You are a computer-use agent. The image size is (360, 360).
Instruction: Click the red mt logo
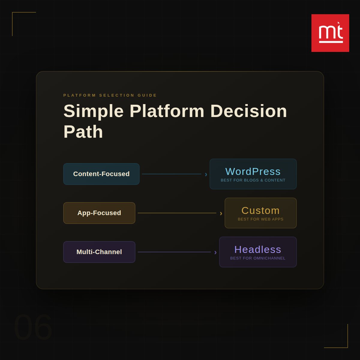coord(330,33)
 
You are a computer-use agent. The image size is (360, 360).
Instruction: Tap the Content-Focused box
coord(101,174)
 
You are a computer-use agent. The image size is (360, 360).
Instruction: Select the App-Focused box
coord(99,213)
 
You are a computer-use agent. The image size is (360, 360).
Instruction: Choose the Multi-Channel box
coord(99,252)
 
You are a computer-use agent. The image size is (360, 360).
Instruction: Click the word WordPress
coord(253,172)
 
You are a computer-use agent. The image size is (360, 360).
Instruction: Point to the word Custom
coord(260,211)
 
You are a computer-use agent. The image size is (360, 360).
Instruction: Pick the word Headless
coord(258,250)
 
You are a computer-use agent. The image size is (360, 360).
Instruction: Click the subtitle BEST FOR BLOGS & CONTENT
coord(253,180)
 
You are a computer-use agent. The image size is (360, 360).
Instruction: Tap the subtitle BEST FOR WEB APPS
coord(260,219)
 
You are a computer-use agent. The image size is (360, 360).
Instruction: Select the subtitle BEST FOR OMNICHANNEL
coord(258,258)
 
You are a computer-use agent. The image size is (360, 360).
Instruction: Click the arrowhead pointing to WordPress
coord(206,174)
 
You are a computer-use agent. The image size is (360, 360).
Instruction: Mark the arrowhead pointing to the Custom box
coord(221,213)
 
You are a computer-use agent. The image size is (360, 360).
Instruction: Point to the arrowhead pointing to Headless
coord(215,252)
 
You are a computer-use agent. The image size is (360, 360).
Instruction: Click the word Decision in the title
coord(249,111)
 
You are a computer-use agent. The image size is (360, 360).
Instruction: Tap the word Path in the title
coord(83,132)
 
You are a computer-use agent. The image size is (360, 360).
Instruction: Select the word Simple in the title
coord(94,111)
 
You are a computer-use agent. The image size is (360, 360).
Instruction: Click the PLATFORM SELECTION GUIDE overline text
coord(110,95)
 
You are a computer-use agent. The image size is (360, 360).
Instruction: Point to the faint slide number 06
coord(33,327)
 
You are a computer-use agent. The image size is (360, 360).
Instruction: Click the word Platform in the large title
coord(167,111)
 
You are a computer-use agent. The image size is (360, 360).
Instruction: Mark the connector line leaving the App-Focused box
coord(177,213)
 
